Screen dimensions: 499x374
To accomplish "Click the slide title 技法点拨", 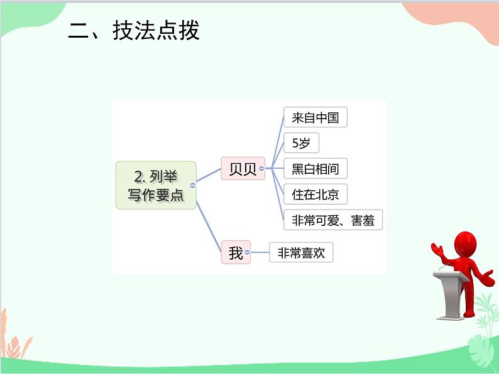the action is (156, 31).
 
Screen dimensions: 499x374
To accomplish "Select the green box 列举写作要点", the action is (156, 185).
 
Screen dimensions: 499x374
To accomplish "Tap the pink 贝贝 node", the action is (243, 168).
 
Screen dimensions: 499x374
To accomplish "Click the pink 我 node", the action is (236, 253).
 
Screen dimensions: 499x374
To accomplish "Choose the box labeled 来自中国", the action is (315, 117).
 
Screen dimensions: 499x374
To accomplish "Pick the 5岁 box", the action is (301, 143).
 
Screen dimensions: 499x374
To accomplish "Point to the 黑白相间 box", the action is (315, 168).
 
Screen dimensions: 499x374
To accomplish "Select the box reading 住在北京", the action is (315, 194).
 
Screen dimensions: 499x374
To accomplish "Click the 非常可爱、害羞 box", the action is (333, 220).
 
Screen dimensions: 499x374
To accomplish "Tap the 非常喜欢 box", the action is (301, 253).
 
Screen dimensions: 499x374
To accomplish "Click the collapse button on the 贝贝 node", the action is (261, 168).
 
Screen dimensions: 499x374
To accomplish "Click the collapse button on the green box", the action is (192, 185).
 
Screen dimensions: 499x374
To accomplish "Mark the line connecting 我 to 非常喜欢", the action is (260, 253).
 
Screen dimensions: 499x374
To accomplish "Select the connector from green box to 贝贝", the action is (209, 175).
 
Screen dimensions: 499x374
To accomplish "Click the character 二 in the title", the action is (79, 31).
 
